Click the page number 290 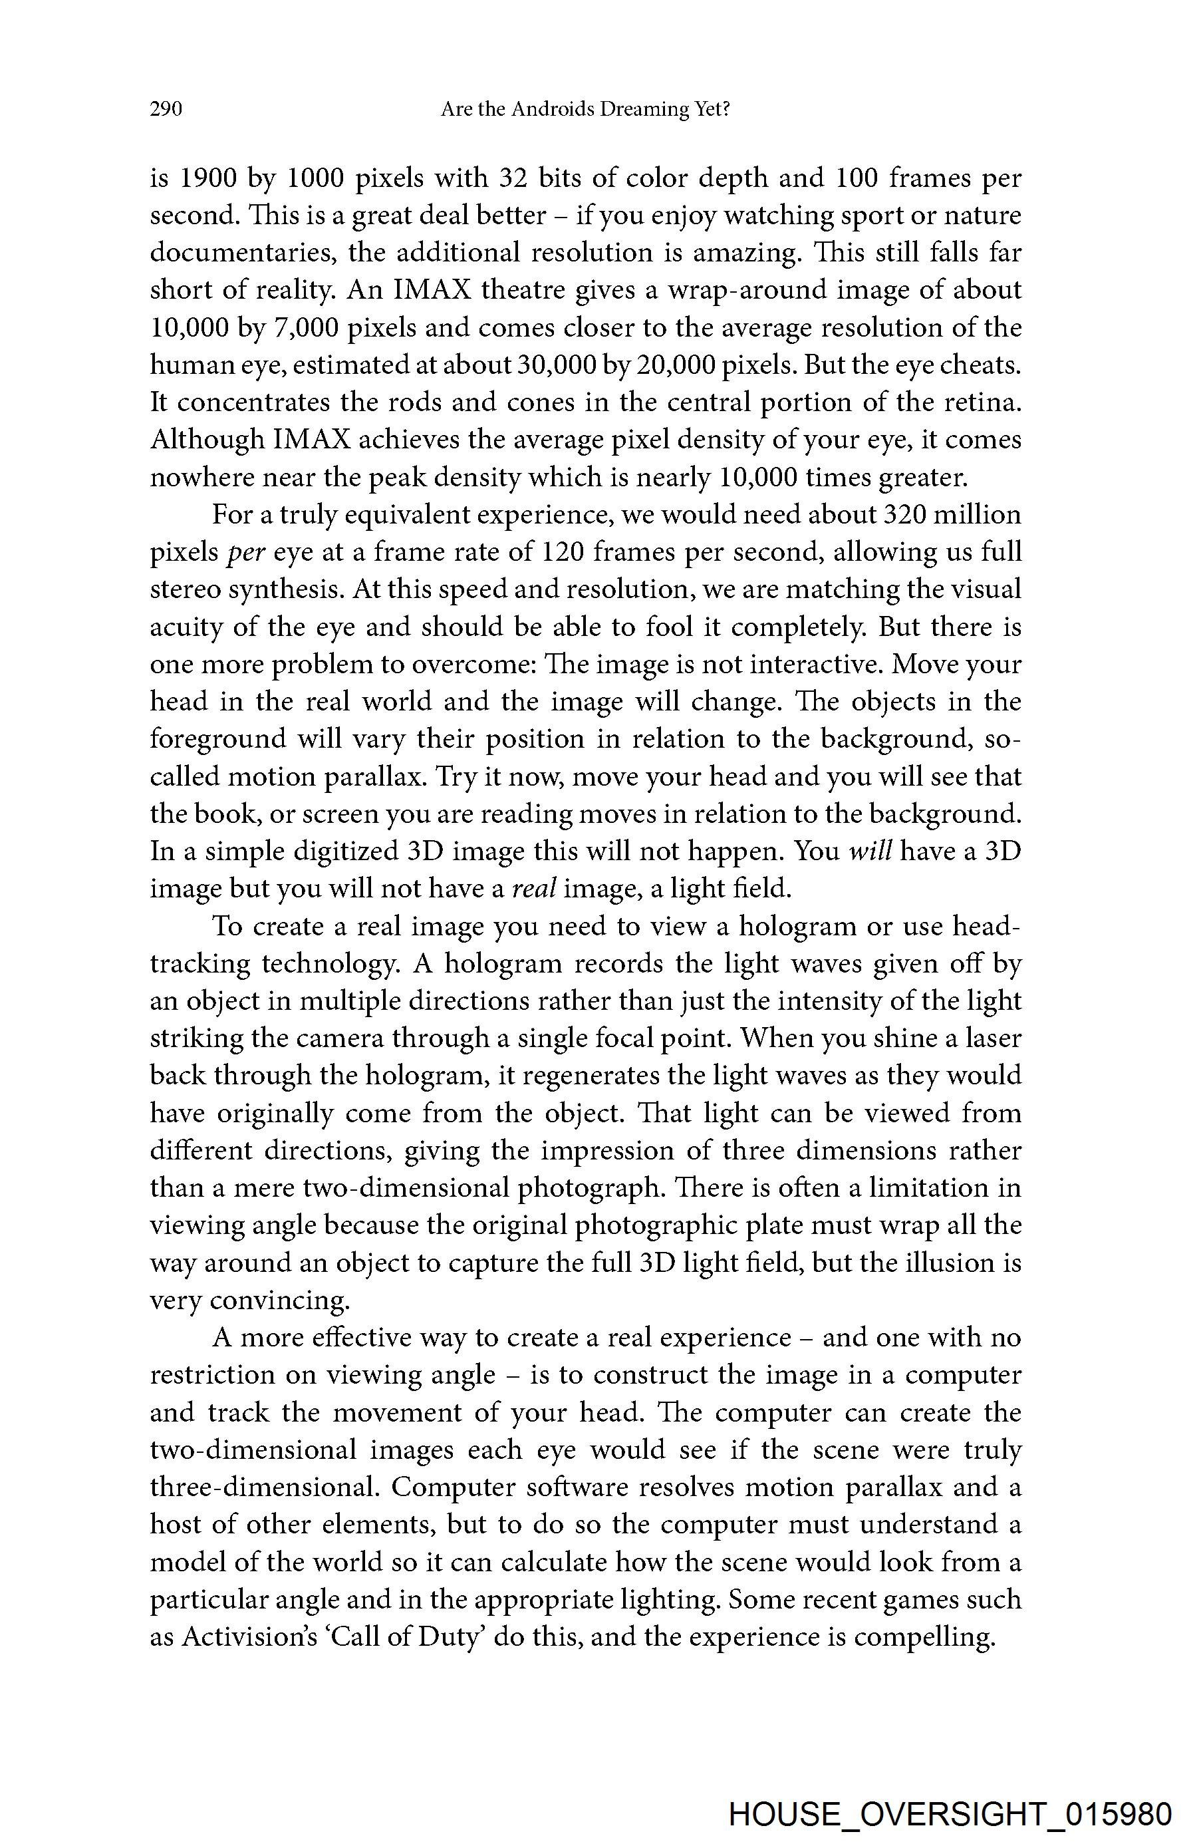pyautogui.click(x=166, y=110)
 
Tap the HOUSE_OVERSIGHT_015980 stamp pyautogui.click(x=950, y=1809)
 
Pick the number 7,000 pyautogui.click(x=307, y=328)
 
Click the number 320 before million pyautogui.click(x=899, y=515)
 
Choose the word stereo pyautogui.click(x=186, y=590)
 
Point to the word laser pyautogui.click(x=994, y=1038)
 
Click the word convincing pyautogui.click(x=279, y=1301)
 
